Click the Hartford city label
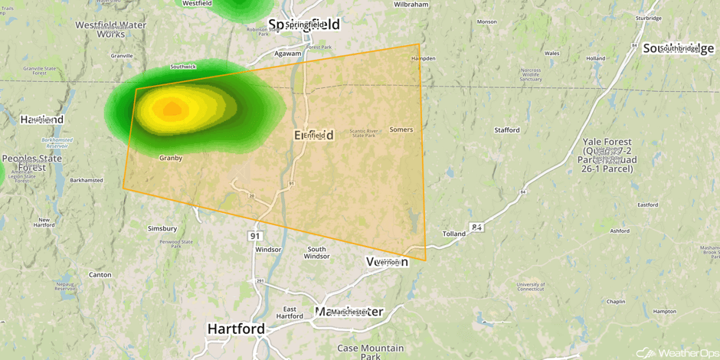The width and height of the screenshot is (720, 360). (236, 329)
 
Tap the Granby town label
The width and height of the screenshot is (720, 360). (170, 158)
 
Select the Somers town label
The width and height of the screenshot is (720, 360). (401, 129)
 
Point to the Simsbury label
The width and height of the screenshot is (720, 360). (162, 228)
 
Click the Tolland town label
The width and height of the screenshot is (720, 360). (453, 234)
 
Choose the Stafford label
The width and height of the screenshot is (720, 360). (506, 130)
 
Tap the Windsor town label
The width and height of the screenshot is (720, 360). (268, 250)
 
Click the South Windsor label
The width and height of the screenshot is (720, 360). (316, 253)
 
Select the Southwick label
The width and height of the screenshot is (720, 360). (183, 67)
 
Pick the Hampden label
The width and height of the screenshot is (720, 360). (423, 58)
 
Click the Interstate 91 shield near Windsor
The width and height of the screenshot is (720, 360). (255, 236)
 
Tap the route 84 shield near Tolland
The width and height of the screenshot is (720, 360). (476, 227)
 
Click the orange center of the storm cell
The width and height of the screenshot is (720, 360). (172, 109)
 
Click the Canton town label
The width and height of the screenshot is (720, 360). (100, 274)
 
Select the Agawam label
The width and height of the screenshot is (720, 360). (288, 54)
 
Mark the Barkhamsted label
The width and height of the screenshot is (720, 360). (86, 181)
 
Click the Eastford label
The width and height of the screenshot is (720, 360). (647, 205)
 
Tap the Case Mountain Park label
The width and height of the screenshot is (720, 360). (370, 352)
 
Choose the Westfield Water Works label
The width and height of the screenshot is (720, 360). (110, 29)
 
